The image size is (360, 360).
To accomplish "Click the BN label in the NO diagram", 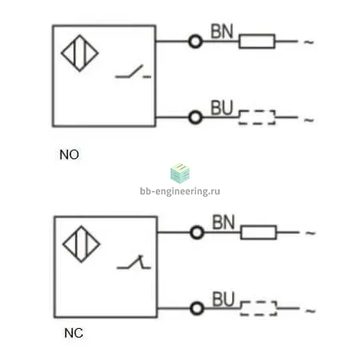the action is [222, 31].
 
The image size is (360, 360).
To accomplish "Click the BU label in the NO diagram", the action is [222, 108].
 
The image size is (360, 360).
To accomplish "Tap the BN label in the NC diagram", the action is [223, 222].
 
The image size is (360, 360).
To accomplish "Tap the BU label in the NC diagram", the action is [223, 299].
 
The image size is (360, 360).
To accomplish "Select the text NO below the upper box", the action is [70, 154].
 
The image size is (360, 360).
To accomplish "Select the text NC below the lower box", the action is [74, 333].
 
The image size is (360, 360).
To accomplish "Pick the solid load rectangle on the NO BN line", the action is [257, 34].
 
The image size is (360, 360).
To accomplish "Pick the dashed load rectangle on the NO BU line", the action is [257, 110].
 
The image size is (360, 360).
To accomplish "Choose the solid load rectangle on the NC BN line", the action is [258, 226].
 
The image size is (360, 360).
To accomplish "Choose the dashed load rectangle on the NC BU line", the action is [258, 302].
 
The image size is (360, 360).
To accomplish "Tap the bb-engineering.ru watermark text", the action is [180, 191].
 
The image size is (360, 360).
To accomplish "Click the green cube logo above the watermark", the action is [180, 173].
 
